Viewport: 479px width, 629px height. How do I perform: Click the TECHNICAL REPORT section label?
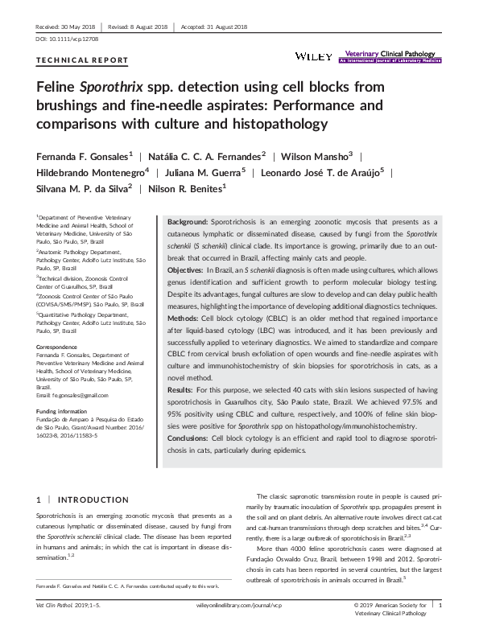click(x=82, y=60)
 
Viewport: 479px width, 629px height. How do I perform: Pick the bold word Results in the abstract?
click(x=181, y=389)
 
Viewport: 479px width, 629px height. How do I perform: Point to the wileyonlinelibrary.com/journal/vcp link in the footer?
click(x=238, y=603)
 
